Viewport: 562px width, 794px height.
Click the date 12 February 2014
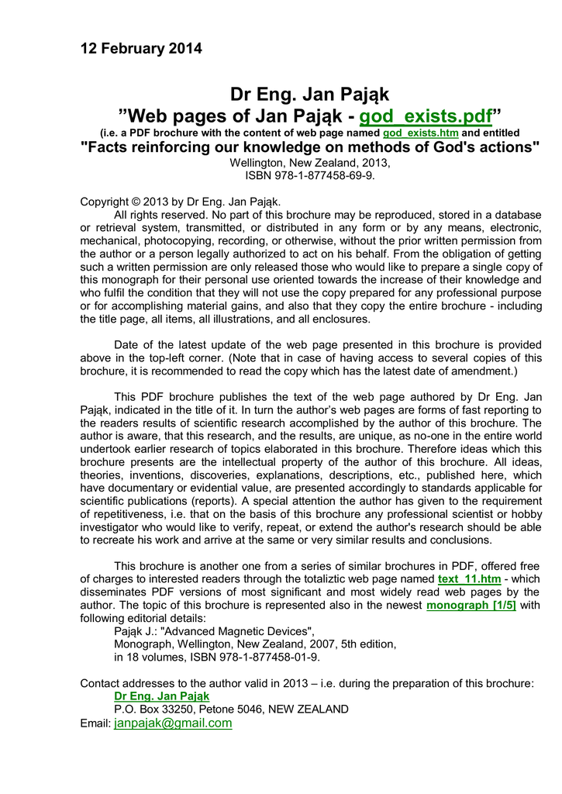141,49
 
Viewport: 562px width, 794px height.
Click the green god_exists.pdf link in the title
426,116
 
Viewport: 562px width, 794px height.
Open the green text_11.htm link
469,579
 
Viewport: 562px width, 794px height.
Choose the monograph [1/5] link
471,605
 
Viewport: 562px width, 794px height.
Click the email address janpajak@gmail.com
173,723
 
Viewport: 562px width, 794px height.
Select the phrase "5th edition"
364,644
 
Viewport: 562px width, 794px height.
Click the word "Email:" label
95,723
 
